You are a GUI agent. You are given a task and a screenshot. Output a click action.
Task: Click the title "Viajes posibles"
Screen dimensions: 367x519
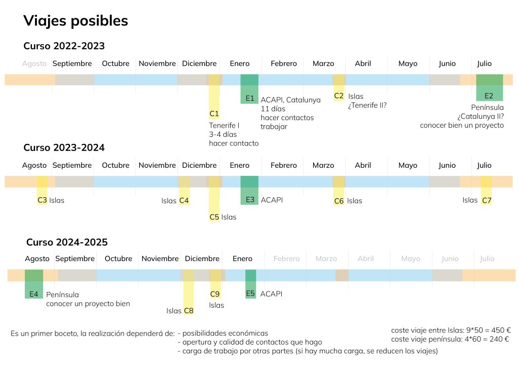76,21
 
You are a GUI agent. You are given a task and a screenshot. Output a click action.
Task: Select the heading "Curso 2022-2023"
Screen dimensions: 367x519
64,46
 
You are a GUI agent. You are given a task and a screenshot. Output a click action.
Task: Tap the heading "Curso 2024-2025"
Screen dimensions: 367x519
67,242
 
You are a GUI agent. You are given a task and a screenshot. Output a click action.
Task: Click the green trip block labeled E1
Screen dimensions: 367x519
249,89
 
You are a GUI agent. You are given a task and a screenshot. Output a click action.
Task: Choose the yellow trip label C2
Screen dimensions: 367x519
339,96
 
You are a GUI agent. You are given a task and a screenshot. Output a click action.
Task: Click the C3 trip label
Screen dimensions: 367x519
43,200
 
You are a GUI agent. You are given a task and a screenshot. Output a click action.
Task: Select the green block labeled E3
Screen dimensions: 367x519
249,191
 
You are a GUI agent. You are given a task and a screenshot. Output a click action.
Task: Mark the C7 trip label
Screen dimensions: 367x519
487,200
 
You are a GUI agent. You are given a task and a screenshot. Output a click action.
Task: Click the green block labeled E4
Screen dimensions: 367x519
34,284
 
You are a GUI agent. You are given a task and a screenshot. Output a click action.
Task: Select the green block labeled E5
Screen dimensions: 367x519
250,284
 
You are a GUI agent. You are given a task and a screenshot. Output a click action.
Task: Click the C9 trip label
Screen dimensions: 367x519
215,294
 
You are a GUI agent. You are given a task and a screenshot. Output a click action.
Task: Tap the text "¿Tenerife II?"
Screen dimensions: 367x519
367,105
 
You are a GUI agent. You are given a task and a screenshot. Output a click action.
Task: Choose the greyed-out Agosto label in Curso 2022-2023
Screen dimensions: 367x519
34,64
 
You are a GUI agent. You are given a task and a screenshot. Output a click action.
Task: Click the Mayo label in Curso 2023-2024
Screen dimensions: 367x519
408,165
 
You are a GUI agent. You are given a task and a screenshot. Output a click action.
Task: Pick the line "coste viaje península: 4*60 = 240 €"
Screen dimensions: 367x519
450,339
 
